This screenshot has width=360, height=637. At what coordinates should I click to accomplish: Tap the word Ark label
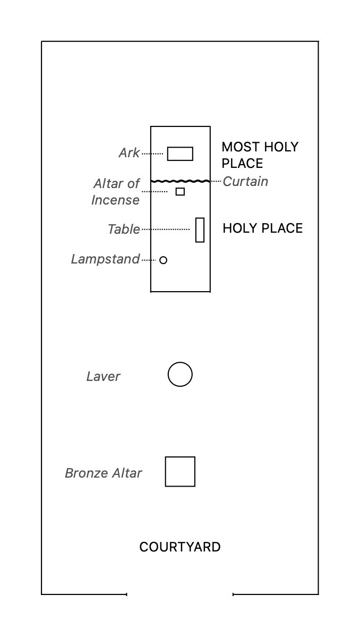[x=129, y=153]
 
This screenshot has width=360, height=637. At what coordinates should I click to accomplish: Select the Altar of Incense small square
[x=180, y=191]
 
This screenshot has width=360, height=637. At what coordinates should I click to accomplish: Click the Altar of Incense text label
[x=116, y=192]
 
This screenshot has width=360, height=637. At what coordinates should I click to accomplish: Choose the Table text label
[x=124, y=229]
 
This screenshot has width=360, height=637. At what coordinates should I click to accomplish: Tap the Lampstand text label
[x=105, y=259]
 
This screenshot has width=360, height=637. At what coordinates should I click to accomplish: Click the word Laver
[x=103, y=377]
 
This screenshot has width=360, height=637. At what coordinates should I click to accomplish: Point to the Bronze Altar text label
[x=104, y=473]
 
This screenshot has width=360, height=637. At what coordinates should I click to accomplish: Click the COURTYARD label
[x=180, y=547]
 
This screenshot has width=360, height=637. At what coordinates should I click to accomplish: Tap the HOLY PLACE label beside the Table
[x=263, y=228]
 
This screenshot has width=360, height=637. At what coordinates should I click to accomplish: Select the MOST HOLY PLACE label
[x=260, y=155]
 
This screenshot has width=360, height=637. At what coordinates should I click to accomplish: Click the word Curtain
[x=245, y=182]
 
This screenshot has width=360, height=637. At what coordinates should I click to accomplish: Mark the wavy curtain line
[x=181, y=181]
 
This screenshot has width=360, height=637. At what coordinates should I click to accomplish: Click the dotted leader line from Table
[x=166, y=230]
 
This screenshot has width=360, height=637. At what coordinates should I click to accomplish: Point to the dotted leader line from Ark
[x=152, y=154]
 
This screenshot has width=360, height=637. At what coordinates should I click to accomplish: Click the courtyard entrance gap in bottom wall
[x=180, y=594]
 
